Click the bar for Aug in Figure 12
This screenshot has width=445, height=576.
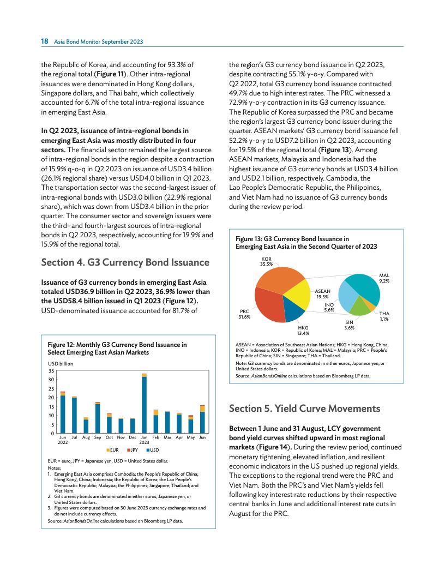(86, 426)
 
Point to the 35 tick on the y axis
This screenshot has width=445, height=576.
(50, 370)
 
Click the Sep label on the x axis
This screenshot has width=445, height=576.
(98, 438)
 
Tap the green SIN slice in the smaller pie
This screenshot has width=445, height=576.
(360, 307)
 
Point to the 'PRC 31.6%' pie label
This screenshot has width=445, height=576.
(244, 314)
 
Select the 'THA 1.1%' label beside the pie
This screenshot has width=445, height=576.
(384, 316)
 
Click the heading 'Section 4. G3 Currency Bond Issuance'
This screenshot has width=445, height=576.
(125, 262)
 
